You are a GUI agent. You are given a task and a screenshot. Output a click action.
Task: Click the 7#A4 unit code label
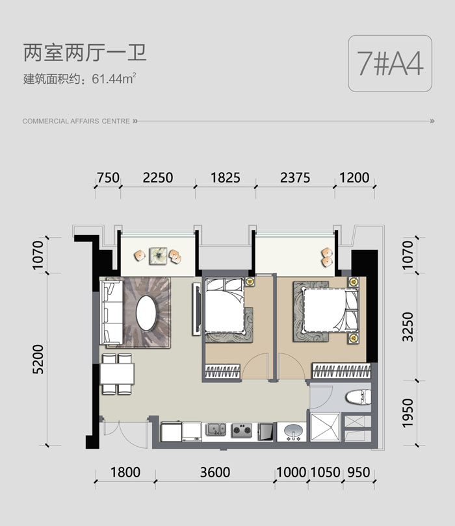[390, 64]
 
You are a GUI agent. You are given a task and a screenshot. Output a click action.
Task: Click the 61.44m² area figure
[114, 79]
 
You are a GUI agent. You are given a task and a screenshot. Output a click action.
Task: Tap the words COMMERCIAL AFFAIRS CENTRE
[76, 121]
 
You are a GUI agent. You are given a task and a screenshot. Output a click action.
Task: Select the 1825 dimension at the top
[226, 177]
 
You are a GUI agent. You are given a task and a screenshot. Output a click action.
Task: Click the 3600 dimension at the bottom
[215, 472]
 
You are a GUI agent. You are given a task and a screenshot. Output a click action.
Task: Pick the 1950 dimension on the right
[408, 413]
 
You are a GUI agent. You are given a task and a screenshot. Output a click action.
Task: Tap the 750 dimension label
[108, 177]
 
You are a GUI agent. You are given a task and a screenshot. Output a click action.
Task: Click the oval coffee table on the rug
[146, 312]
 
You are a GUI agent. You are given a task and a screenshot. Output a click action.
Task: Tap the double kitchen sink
[216, 429]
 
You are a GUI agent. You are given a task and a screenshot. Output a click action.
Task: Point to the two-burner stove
[242, 430]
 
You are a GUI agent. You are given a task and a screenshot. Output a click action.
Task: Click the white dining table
[117, 373]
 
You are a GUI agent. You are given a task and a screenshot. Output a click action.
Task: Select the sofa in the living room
[111, 312]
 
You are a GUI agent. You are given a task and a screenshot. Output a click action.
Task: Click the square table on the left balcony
[158, 256]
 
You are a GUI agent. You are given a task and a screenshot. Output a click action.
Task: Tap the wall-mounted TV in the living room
[197, 308]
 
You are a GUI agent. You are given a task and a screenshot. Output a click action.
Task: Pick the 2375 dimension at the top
[295, 177]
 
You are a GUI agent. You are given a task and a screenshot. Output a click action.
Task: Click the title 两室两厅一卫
[85, 53]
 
